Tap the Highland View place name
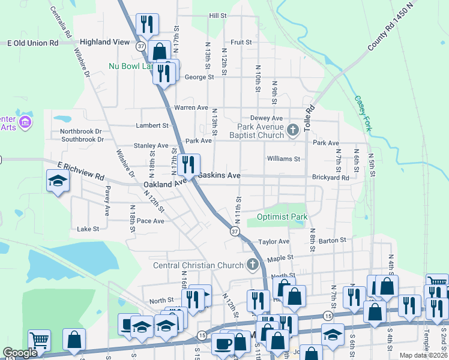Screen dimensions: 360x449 pyautogui.click(x=104, y=42)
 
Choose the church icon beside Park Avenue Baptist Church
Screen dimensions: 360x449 pyautogui.click(x=293, y=130)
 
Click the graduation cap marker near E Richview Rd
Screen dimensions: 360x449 pyautogui.click(x=58, y=181)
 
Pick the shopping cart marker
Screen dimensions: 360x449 pyautogui.click(x=39, y=341)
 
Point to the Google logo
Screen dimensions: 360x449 pyautogui.click(x=20, y=353)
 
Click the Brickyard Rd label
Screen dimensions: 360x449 pyautogui.click(x=330, y=178)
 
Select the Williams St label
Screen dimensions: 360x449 pyautogui.click(x=283, y=159)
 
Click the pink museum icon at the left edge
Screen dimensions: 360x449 pyautogui.click(x=25, y=123)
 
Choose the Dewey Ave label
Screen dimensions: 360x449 pyautogui.click(x=266, y=119)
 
